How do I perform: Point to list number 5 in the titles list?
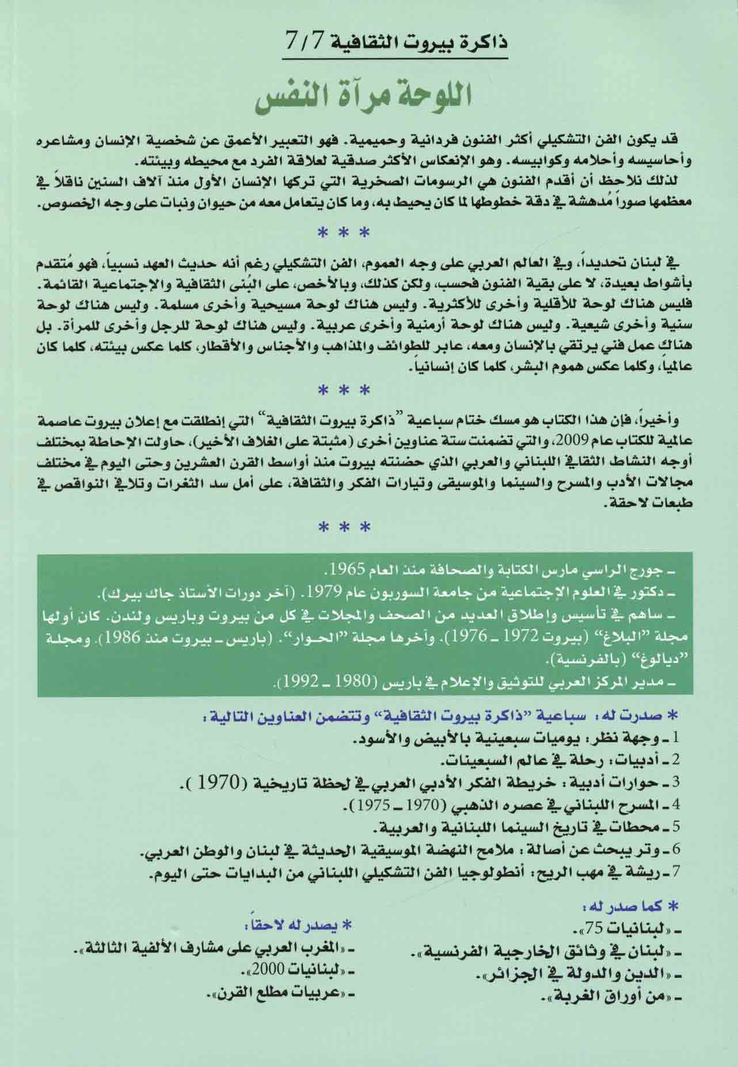676,829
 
